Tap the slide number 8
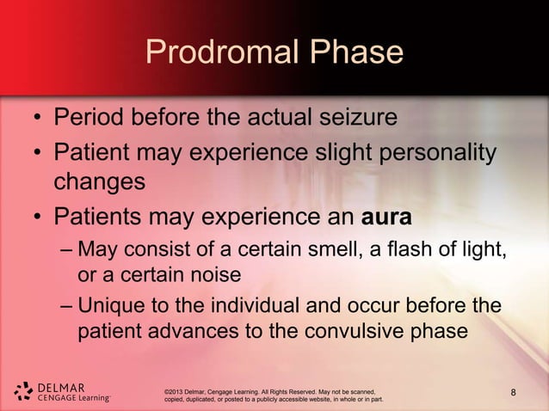(x=514, y=395)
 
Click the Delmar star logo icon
(x=23, y=391)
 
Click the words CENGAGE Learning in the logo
(x=72, y=398)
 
